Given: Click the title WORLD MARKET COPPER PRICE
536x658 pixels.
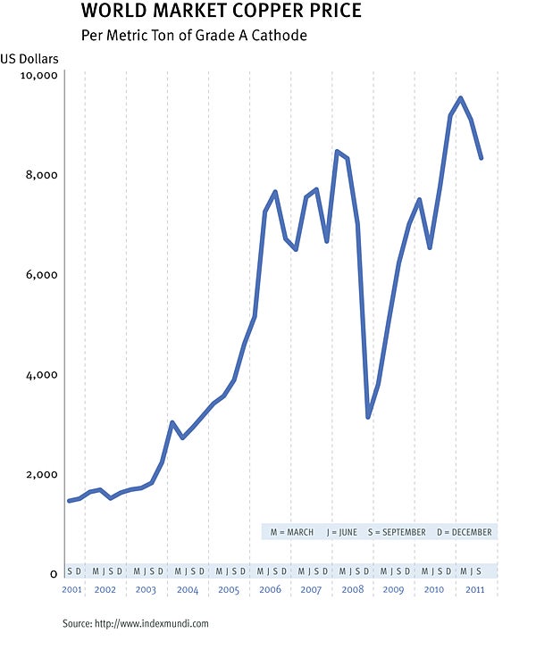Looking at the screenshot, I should tap(222, 12).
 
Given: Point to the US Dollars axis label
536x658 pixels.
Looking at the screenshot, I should tap(29, 60).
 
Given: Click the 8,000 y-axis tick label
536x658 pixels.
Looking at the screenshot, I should tap(41, 175).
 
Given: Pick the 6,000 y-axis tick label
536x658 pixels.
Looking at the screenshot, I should tap(41, 275).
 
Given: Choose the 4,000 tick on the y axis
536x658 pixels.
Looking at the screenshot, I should tap(41, 375).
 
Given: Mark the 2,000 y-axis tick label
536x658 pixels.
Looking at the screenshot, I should tap(41, 475).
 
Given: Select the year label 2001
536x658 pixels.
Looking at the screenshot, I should tap(73, 590).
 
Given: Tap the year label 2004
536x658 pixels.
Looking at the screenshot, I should tap(188, 590).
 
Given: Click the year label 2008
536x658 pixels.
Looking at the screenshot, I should tap(351, 590).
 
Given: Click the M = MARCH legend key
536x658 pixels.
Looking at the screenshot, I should tap(292, 532).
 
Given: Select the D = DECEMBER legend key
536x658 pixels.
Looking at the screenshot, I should tap(465, 532).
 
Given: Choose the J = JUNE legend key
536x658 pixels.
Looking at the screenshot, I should tap(341, 532).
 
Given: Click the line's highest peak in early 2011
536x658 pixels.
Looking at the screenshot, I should tap(460, 98).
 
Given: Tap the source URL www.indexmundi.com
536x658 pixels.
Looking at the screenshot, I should tap(151, 623).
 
